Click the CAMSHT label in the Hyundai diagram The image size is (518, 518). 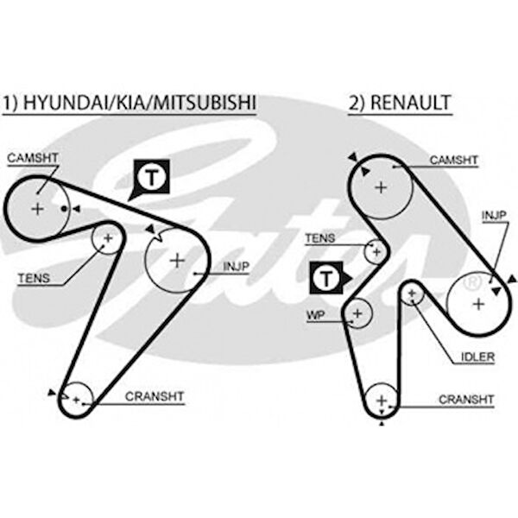click(x=33, y=158)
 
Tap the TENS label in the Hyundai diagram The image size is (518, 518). click(x=34, y=278)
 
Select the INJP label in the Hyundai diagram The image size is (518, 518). click(x=236, y=267)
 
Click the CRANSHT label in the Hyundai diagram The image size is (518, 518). click(x=155, y=396)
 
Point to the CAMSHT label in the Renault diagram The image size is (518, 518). click(x=453, y=161)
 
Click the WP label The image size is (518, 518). click(x=316, y=315)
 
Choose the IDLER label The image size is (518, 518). click(x=477, y=357)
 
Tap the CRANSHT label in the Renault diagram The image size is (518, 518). click(x=466, y=400)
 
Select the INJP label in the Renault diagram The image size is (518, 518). click(x=494, y=216)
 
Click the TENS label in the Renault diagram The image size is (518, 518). click(x=319, y=238)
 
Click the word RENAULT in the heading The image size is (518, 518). click(x=411, y=103)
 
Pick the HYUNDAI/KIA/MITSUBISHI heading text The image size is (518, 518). click(x=139, y=103)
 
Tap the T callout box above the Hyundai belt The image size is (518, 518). click(x=152, y=177)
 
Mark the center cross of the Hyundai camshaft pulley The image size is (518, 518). click(x=37, y=209)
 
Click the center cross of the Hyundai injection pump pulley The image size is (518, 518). click(x=177, y=261)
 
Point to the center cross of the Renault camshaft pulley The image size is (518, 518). click(x=382, y=187)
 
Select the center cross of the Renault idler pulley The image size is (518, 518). click(x=412, y=293)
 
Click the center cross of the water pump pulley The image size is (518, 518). click(x=357, y=313)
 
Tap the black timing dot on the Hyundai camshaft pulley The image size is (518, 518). click(x=65, y=209)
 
